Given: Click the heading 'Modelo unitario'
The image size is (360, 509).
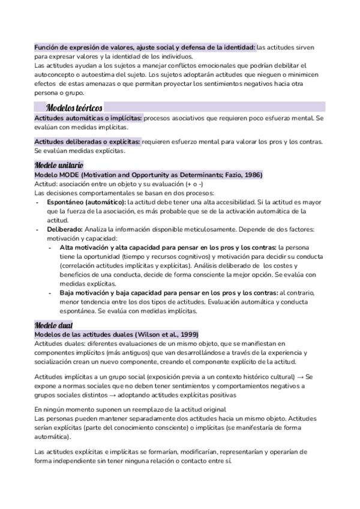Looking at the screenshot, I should point(58,164).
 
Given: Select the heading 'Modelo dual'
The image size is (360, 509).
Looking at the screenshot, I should point(54,325).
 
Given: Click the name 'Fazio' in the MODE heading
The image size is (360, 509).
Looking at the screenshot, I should point(231,174).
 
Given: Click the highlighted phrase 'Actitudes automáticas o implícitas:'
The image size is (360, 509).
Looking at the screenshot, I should point(88,118).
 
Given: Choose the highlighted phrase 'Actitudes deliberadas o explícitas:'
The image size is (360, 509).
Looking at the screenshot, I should point(88,142).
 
